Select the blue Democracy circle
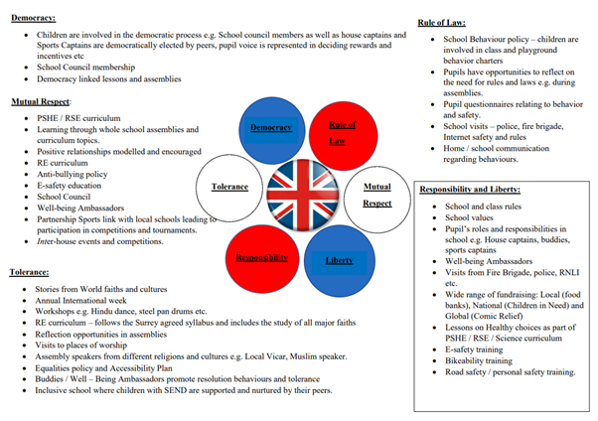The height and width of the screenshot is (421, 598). pos(271,128)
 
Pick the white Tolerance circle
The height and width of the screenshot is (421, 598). pos(229,187)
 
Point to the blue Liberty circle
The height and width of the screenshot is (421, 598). pos(338,257)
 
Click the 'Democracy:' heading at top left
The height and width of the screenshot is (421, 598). pos(34,18)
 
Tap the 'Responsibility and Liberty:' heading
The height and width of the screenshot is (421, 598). pos(470,189)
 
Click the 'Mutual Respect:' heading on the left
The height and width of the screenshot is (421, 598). pos(42,102)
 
